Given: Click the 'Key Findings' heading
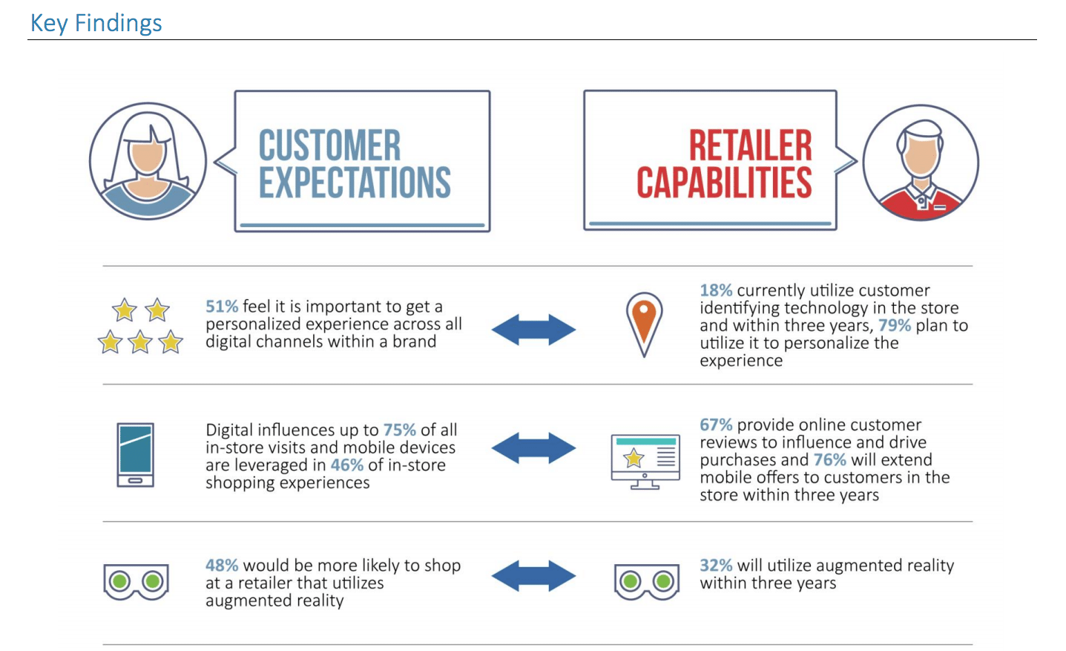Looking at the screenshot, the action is point(96,23).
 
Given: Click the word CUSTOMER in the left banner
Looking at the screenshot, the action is point(330,145).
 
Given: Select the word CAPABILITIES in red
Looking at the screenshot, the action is point(724,183).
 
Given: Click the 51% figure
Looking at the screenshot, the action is point(222,307).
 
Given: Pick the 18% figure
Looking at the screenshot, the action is point(716,290).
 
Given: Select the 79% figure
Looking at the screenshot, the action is point(894,325).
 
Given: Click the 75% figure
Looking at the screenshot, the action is point(399,430).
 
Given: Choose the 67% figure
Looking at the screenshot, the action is point(716,425).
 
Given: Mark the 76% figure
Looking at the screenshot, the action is point(830,459).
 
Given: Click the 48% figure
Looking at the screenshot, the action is point(222,566).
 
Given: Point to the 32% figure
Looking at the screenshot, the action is point(716,566).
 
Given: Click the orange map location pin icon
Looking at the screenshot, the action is point(644,324).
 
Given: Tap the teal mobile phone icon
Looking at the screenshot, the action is point(136,455).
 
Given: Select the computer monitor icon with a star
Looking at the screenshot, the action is point(645,462).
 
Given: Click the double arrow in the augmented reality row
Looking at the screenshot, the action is point(533,576).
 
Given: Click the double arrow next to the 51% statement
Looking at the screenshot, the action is point(533,329).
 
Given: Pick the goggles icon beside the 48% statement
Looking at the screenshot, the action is point(136,581).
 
